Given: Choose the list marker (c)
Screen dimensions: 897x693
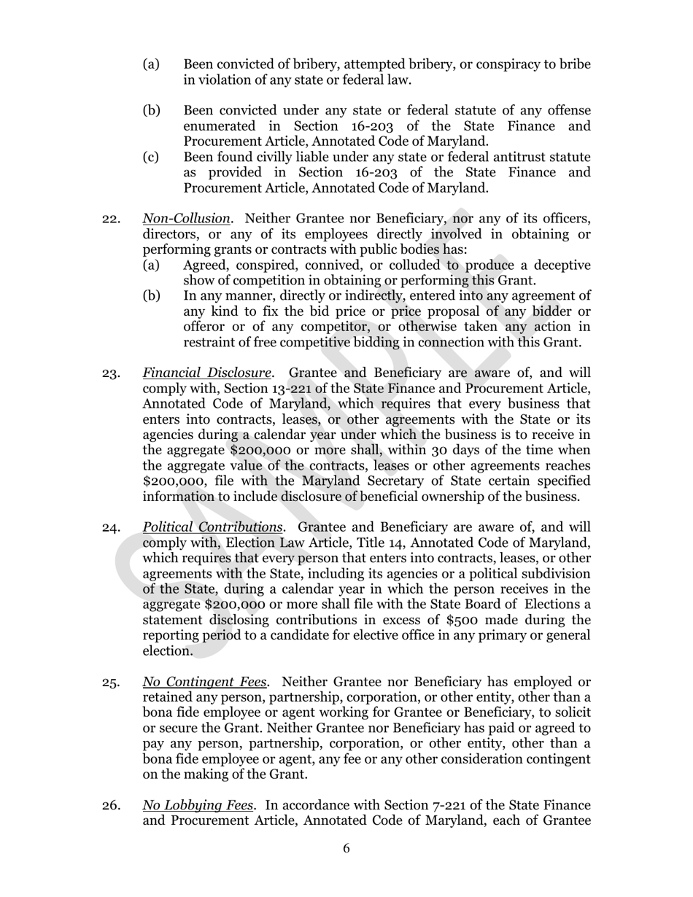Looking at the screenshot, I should (151, 157).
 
